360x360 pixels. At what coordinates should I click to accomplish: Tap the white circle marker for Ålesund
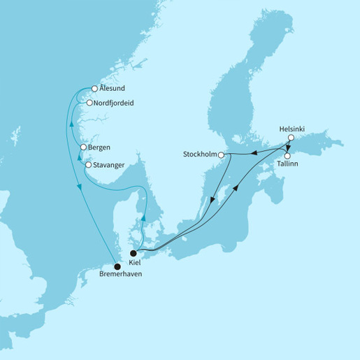pos(94,89)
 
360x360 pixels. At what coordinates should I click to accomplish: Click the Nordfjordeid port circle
pos(89,103)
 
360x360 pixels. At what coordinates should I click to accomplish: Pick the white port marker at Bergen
pos(83,147)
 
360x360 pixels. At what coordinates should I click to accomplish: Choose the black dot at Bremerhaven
pos(117,266)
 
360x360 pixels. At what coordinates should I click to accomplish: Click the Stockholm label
pos(199,154)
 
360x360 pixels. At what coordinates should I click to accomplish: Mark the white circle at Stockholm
pos(221,154)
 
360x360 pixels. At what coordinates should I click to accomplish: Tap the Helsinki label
pos(292,128)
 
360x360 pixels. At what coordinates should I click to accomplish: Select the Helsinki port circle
pos(289,138)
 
